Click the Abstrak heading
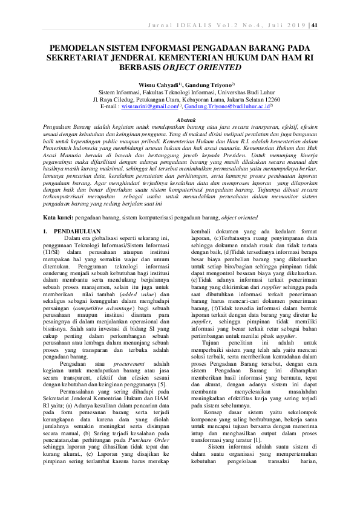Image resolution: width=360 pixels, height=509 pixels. (x=180, y=121)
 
